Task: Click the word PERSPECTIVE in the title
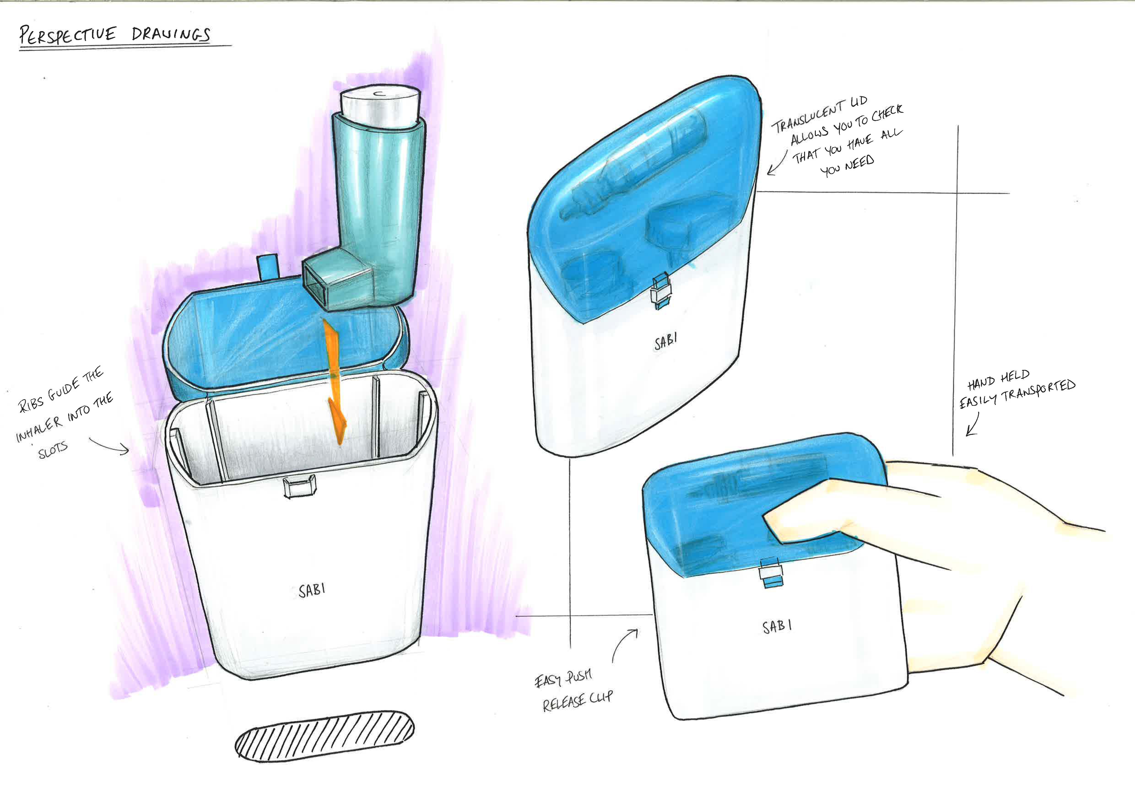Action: click(68, 36)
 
